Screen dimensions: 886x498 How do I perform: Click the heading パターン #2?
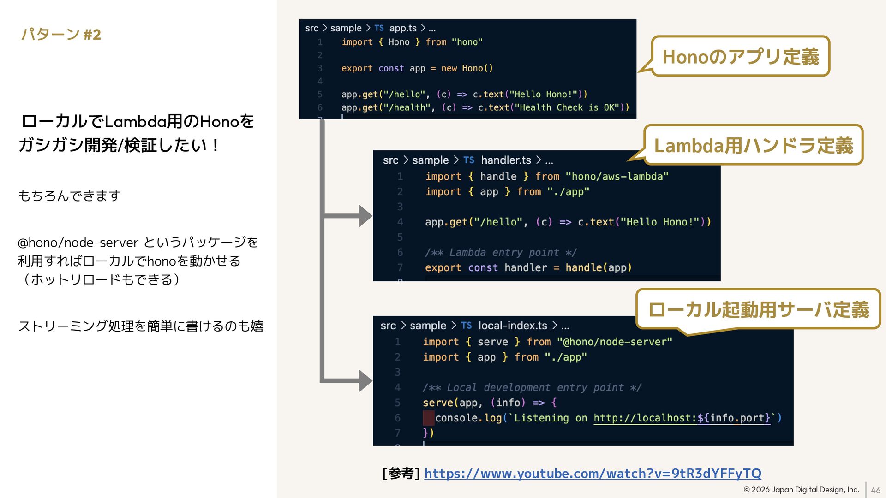[x=61, y=35]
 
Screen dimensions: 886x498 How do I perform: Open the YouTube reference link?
[x=593, y=474]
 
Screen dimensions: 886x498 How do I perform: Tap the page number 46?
[x=875, y=491]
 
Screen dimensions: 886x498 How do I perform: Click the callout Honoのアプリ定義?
[x=740, y=57]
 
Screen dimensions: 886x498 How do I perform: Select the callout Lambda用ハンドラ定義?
[x=753, y=145]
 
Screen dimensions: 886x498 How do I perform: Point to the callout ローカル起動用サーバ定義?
[x=758, y=309]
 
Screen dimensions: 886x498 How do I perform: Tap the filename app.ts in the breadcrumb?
[x=403, y=28]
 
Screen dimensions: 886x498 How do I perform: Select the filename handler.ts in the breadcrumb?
[x=506, y=160]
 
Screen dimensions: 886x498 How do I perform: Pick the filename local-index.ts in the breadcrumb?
[x=512, y=326]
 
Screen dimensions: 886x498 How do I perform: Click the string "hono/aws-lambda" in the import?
[x=617, y=177]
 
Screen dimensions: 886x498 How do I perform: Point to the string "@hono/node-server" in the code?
[x=615, y=342]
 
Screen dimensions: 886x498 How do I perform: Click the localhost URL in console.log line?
[x=682, y=418]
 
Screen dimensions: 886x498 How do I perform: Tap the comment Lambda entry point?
[x=501, y=253]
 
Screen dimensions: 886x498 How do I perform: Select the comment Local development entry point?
[x=532, y=388]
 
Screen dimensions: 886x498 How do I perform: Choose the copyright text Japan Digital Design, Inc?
[x=802, y=490]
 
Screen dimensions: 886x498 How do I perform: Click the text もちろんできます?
[x=69, y=196]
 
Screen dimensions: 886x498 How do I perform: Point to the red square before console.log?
[x=428, y=418]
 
